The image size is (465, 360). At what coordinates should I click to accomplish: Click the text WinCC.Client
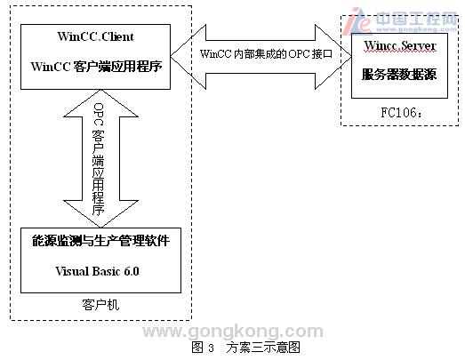95,36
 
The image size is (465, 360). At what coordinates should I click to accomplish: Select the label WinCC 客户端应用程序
96,66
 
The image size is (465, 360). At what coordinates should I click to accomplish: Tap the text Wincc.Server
400,45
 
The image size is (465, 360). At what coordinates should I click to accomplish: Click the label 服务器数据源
399,74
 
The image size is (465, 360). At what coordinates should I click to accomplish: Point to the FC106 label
401,112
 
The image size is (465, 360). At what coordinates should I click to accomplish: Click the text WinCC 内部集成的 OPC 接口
266,54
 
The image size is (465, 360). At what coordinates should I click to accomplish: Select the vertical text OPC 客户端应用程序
98,159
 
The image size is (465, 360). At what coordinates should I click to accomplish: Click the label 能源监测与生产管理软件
100,241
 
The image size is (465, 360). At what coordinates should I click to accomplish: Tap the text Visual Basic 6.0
97,271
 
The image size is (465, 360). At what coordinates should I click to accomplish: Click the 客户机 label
100,305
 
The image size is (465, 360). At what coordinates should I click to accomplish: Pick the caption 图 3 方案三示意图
246,348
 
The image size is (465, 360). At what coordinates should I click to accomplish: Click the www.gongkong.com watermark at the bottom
233,332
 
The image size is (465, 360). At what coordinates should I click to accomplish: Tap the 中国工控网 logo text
416,19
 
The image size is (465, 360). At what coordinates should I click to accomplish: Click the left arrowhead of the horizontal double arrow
188,56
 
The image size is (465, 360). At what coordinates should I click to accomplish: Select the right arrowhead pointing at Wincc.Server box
333,56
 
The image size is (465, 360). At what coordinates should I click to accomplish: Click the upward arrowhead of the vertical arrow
100,103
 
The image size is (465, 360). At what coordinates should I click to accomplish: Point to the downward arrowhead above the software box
100,214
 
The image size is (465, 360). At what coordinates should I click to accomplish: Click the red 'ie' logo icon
357,20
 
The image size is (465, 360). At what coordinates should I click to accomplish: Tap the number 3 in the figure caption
211,348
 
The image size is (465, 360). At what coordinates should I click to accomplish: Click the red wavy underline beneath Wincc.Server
400,52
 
